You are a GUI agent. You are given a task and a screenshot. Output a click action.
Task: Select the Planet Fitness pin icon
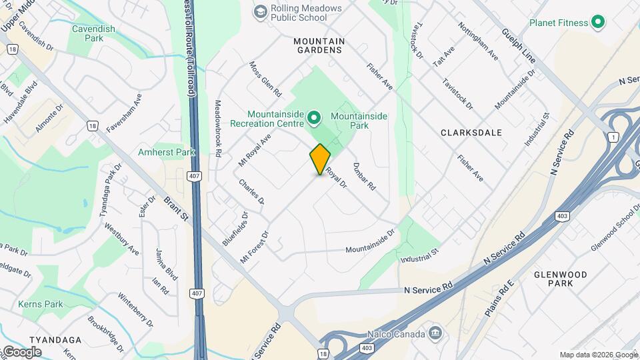click(x=598, y=23)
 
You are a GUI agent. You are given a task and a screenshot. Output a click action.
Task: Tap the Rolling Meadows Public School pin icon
click(x=260, y=12)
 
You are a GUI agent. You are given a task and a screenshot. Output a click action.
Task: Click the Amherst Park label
click(x=166, y=152)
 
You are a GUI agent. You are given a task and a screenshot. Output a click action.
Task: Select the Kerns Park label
click(x=41, y=304)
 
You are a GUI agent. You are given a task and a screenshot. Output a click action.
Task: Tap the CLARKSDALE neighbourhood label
click(x=471, y=133)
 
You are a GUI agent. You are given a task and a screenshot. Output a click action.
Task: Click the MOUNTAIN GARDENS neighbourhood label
click(x=319, y=46)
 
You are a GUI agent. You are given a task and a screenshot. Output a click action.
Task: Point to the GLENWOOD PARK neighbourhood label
click(x=560, y=279)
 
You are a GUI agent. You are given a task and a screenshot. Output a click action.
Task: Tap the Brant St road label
click(x=175, y=208)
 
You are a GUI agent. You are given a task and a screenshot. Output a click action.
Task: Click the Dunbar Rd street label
click(x=365, y=177)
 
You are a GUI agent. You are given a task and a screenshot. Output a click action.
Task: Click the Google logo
click(x=21, y=351)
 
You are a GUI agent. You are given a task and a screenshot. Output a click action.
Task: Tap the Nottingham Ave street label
click(x=478, y=41)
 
